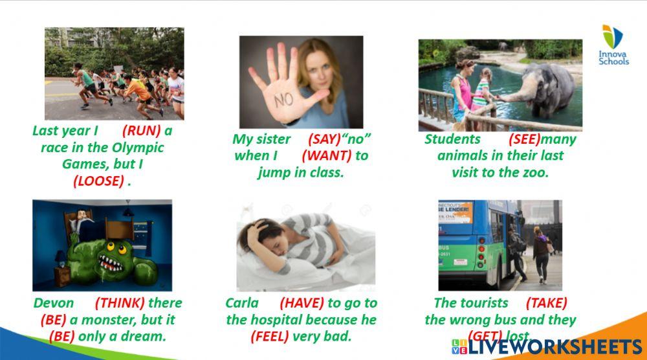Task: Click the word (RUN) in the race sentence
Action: click(x=142, y=131)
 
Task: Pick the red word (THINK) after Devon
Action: click(x=120, y=303)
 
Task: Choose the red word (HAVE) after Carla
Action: click(x=303, y=303)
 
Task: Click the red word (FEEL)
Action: click(x=269, y=336)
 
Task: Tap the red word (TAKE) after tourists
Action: click(x=546, y=303)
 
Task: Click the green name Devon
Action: click(x=54, y=303)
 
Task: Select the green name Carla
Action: click(x=242, y=303)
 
